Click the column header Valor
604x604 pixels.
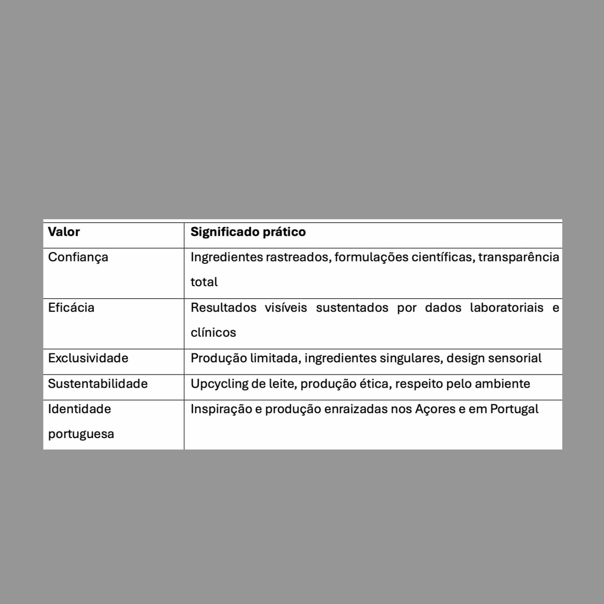point(64,232)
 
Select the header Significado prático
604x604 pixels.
point(248,232)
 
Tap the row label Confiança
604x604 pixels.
point(78,257)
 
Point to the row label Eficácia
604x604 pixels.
point(71,308)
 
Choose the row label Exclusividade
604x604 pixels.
point(88,358)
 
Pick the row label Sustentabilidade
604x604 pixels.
point(98,384)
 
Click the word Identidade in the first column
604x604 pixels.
point(79,409)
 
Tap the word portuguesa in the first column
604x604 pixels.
point(81,434)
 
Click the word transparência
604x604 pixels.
point(519,257)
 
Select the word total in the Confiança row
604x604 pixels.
point(204,282)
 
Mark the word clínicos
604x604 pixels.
point(213,333)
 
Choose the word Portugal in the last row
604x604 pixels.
point(514,409)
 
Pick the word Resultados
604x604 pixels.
point(223,308)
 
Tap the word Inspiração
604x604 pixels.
point(221,409)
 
